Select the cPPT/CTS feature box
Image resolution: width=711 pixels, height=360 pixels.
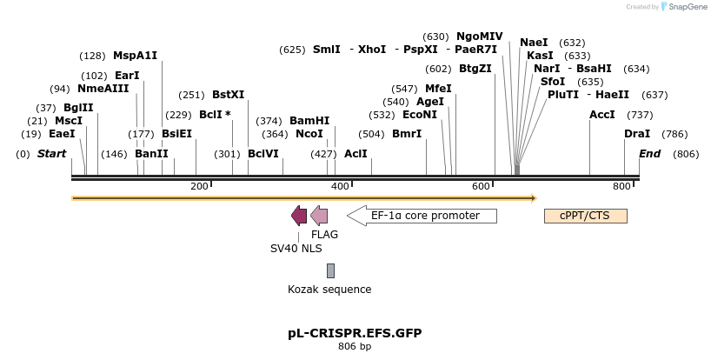[585, 216]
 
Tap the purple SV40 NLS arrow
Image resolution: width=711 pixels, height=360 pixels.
[299, 216]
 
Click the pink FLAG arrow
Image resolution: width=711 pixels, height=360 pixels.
[319, 216]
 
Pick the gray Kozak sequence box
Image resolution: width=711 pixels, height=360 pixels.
[330, 270]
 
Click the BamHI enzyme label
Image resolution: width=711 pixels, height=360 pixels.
[309, 121]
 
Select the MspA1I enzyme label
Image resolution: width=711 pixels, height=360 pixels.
[136, 56]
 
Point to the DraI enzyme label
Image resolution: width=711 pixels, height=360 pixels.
[637, 133]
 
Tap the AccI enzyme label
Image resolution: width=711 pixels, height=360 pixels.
[602, 115]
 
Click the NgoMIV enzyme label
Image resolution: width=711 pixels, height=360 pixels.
[480, 37]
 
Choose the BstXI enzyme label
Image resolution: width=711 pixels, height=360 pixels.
[229, 95]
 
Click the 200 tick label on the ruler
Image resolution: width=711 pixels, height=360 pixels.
[199, 186]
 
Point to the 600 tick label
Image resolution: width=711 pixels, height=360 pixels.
[481, 186]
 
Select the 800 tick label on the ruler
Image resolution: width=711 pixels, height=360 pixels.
[622, 186]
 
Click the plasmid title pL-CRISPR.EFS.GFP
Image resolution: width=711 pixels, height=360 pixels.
[355, 333]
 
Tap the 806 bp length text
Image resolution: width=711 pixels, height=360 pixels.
[355, 347]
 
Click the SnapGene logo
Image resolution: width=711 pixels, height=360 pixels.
[681, 7]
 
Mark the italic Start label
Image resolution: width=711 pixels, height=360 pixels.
[51, 154]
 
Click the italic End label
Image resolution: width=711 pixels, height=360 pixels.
[650, 154]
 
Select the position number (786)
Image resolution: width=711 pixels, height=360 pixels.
[674, 133]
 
